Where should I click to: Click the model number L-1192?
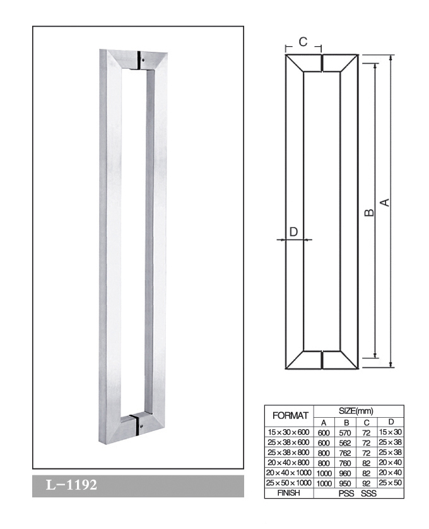(x=71, y=485)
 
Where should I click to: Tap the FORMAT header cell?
(x=290, y=416)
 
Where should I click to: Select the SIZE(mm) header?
(x=356, y=411)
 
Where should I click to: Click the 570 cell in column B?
(x=345, y=432)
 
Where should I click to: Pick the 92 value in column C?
(x=367, y=483)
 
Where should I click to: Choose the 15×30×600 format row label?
(x=288, y=432)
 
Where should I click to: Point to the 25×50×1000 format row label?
(x=288, y=483)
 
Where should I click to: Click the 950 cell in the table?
(x=345, y=483)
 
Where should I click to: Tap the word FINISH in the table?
(x=288, y=493)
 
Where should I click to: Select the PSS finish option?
(x=346, y=493)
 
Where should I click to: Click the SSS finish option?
(x=368, y=493)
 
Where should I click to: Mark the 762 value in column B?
(x=345, y=453)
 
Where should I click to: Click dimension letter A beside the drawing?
(x=385, y=202)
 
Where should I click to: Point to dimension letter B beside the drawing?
(x=370, y=212)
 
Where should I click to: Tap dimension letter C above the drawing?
(x=303, y=42)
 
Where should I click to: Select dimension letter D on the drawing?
(x=293, y=232)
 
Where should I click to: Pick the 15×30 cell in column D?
(x=391, y=432)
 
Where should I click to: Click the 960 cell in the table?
(x=345, y=473)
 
